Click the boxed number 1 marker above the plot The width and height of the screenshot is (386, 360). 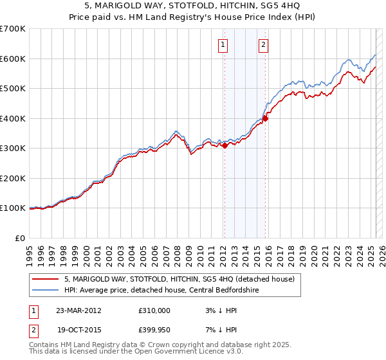click(223, 45)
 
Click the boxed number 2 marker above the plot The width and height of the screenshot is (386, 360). click(264, 45)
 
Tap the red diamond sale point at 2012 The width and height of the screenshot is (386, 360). click(225, 146)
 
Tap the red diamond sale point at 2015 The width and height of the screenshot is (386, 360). click(265, 119)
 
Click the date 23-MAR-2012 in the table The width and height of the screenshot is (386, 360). click(78, 310)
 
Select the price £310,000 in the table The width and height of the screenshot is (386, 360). click(154, 310)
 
